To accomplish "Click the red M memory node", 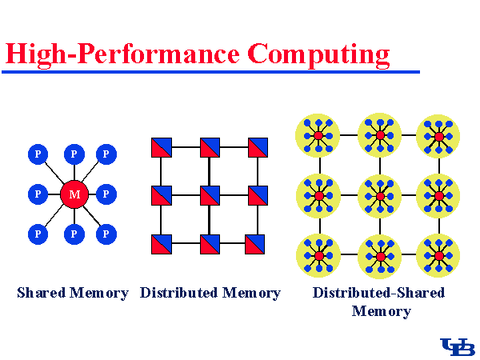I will click(x=74, y=194).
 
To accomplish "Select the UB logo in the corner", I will click(x=458, y=346).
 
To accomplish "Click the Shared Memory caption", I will click(x=73, y=293).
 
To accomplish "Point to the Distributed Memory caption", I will click(x=210, y=293).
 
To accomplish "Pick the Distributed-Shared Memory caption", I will click(x=378, y=302).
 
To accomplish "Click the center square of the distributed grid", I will click(x=210, y=194).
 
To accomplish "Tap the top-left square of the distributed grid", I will click(x=162, y=147).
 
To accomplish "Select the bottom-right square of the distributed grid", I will click(x=258, y=243).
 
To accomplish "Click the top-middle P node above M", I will click(x=74, y=153).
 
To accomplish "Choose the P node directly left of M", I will click(x=37, y=194).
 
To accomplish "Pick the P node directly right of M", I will click(x=106, y=194).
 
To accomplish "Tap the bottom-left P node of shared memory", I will click(x=37, y=234).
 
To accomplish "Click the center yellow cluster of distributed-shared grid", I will click(x=380, y=195).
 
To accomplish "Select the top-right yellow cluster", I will click(x=438, y=136).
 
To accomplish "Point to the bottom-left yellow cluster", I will click(x=318, y=255).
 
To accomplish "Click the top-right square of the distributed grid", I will click(x=258, y=147).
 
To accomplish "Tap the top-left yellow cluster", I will click(x=318, y=136).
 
